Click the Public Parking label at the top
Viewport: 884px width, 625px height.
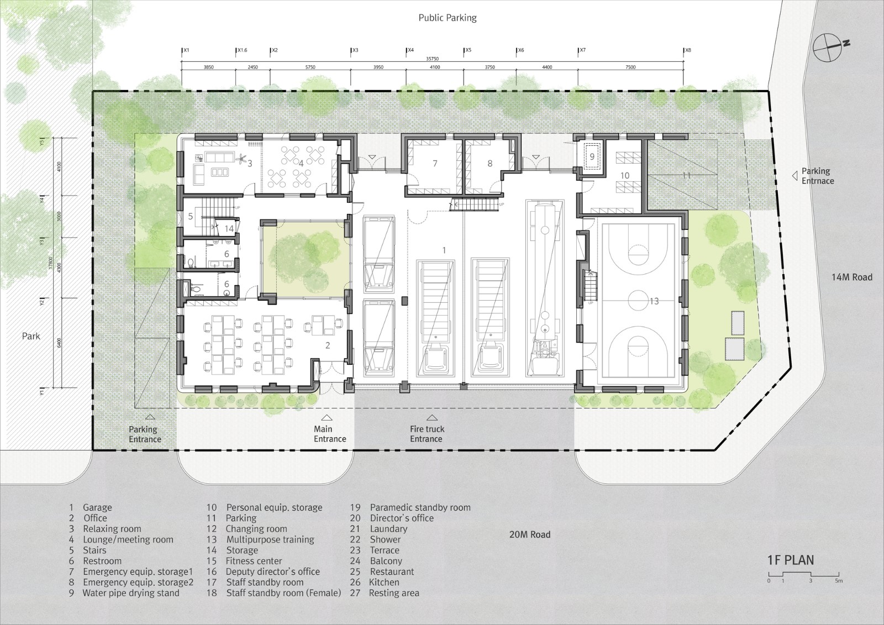pyautogui.click(x=447, y=18)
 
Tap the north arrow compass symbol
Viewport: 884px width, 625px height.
pyautogui.click(x=832, y=46)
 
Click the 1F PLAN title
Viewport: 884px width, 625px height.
pyautogui.click(x=790, y=560)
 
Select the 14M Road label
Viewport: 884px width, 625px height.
pyautogui.click(x=852, y=276)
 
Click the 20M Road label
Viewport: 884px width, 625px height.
pyautogui.click(x=530, y=534)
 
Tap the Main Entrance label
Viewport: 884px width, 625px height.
pyautogui.click(x=330, y=434)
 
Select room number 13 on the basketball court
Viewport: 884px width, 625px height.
pyautogui.click(x=654, y=301)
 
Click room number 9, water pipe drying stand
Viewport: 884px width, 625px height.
pyautogui.click(x=592, y=156)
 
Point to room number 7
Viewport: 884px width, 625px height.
pyautogui.click(x=435, y=164)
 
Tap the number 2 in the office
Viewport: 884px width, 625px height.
pyautogui.click(x=328, y=345)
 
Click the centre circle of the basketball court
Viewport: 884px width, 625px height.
pyautogui.click(x=638, y=301)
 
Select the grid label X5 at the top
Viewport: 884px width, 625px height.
pyautogui.click(x=467, y=50)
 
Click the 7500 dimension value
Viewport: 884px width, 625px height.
pyautogui.click(x=630, y=67)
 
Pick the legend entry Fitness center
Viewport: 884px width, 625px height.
pyautogui.click(x=254, y=561)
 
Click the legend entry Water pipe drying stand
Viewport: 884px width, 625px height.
pyautogui.click(x=130, y=593)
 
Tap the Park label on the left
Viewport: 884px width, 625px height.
pyautogui.click(x=31, y=336)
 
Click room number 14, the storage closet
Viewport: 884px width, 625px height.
pyautogui.click(x=229, y=228)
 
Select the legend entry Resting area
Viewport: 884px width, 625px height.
pyautogui.click(x=394, y=593)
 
